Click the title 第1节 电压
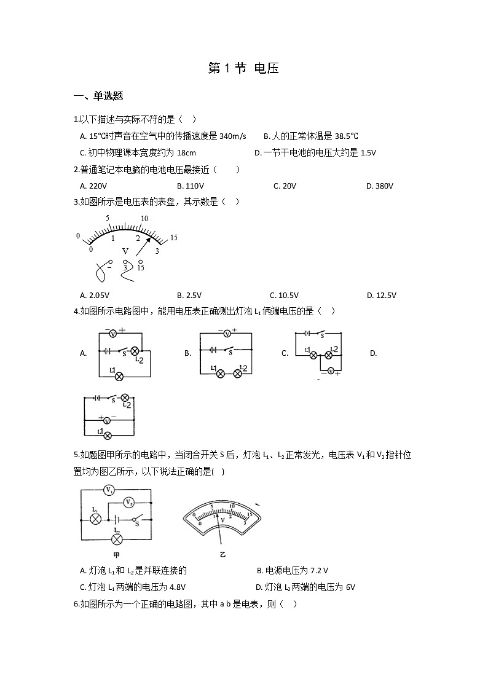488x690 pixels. point(244,68)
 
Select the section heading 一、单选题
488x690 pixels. point(98,96)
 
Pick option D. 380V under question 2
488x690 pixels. point(379,186)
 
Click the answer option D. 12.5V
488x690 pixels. point(381,295)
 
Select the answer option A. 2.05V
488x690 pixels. point(93,295)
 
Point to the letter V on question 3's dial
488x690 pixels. point(125,251)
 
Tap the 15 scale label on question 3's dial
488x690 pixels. point(174,237)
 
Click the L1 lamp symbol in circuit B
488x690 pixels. point(220,373)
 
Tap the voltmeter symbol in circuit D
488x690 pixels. point(107,420)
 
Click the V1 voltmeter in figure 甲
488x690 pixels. point(109,490)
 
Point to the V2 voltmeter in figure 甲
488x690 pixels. point(128,502)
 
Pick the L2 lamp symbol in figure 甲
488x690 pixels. point(117,539)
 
